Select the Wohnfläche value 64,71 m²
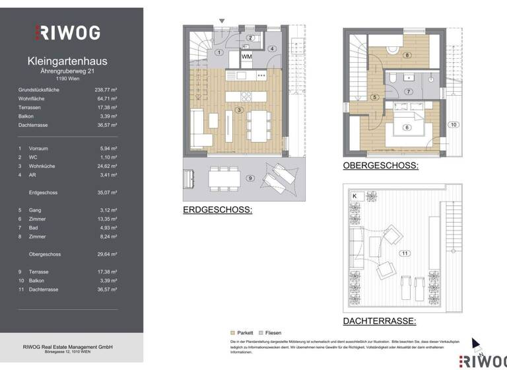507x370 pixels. click(106, 98)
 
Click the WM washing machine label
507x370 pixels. click(246, 57)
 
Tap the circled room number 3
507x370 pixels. click(240, 110)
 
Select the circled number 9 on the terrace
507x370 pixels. click(250, 178)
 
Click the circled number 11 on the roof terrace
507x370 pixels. click(403, 253)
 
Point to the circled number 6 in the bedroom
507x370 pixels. click(407, 128)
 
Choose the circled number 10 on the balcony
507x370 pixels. click(453, 124)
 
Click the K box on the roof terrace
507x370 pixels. click(355, 196)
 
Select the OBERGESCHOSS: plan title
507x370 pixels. click(380, 166)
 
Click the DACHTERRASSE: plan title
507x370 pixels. click(379, 321)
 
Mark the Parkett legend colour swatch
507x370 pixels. click(232, 332)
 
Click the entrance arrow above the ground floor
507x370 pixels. click(222, 22)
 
